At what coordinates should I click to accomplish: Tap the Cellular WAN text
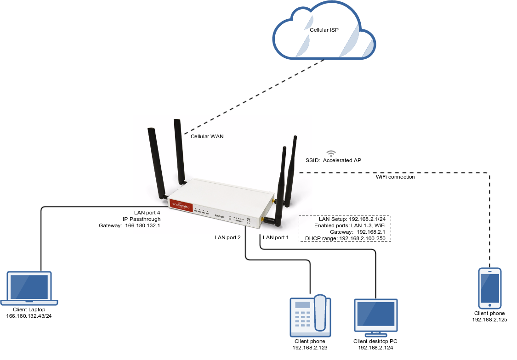[207, 136]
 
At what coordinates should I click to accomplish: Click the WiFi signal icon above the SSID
[331, 153]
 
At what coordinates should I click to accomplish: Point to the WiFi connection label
[395, 177]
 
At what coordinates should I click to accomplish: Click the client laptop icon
[29, 288]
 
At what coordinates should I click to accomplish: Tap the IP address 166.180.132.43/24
[29, 317]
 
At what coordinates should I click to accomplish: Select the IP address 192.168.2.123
[310, 348]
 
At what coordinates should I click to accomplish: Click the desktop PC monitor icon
[376, 316]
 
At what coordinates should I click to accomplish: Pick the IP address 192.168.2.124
[376, 348]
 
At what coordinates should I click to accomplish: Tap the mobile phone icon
[490, 288]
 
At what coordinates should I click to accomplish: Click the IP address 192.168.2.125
[490, 319]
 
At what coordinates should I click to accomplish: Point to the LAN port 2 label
[228, 237]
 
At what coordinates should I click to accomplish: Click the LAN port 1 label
[276, 237]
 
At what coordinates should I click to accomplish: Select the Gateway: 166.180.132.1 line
[130, 225]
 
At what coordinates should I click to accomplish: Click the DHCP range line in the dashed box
[345, 239]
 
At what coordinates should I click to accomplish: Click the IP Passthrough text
[142, 219]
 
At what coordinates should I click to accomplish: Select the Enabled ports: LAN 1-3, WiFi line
[349, 226]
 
